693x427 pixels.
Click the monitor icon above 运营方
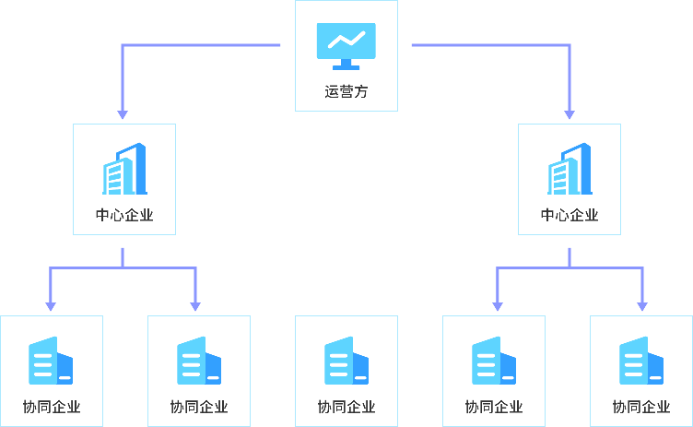click(346, 44)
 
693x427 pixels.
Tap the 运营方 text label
click(346, 91)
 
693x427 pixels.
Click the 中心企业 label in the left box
click(124, 216)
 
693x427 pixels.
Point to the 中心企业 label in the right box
click(570, 216)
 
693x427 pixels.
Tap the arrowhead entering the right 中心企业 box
click(570, 114)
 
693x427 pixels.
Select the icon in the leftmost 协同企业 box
click(51, 361)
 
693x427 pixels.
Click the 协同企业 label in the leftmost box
click(52, 407)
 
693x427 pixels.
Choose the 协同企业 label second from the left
click(199, 407)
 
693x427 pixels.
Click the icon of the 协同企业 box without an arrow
click(346, 361)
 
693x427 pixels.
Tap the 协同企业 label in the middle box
click(346, 407)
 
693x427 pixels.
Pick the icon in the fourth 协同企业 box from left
click(493, 361)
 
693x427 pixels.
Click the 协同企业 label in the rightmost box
click(641, 407)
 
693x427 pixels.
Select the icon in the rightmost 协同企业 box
click(640, 361)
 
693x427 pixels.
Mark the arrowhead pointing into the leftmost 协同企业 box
click(51, 305)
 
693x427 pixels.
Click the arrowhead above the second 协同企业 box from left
click(195, 305)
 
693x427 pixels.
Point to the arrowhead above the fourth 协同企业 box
click(498, 305)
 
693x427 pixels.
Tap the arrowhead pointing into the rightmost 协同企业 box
click(642, 305)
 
